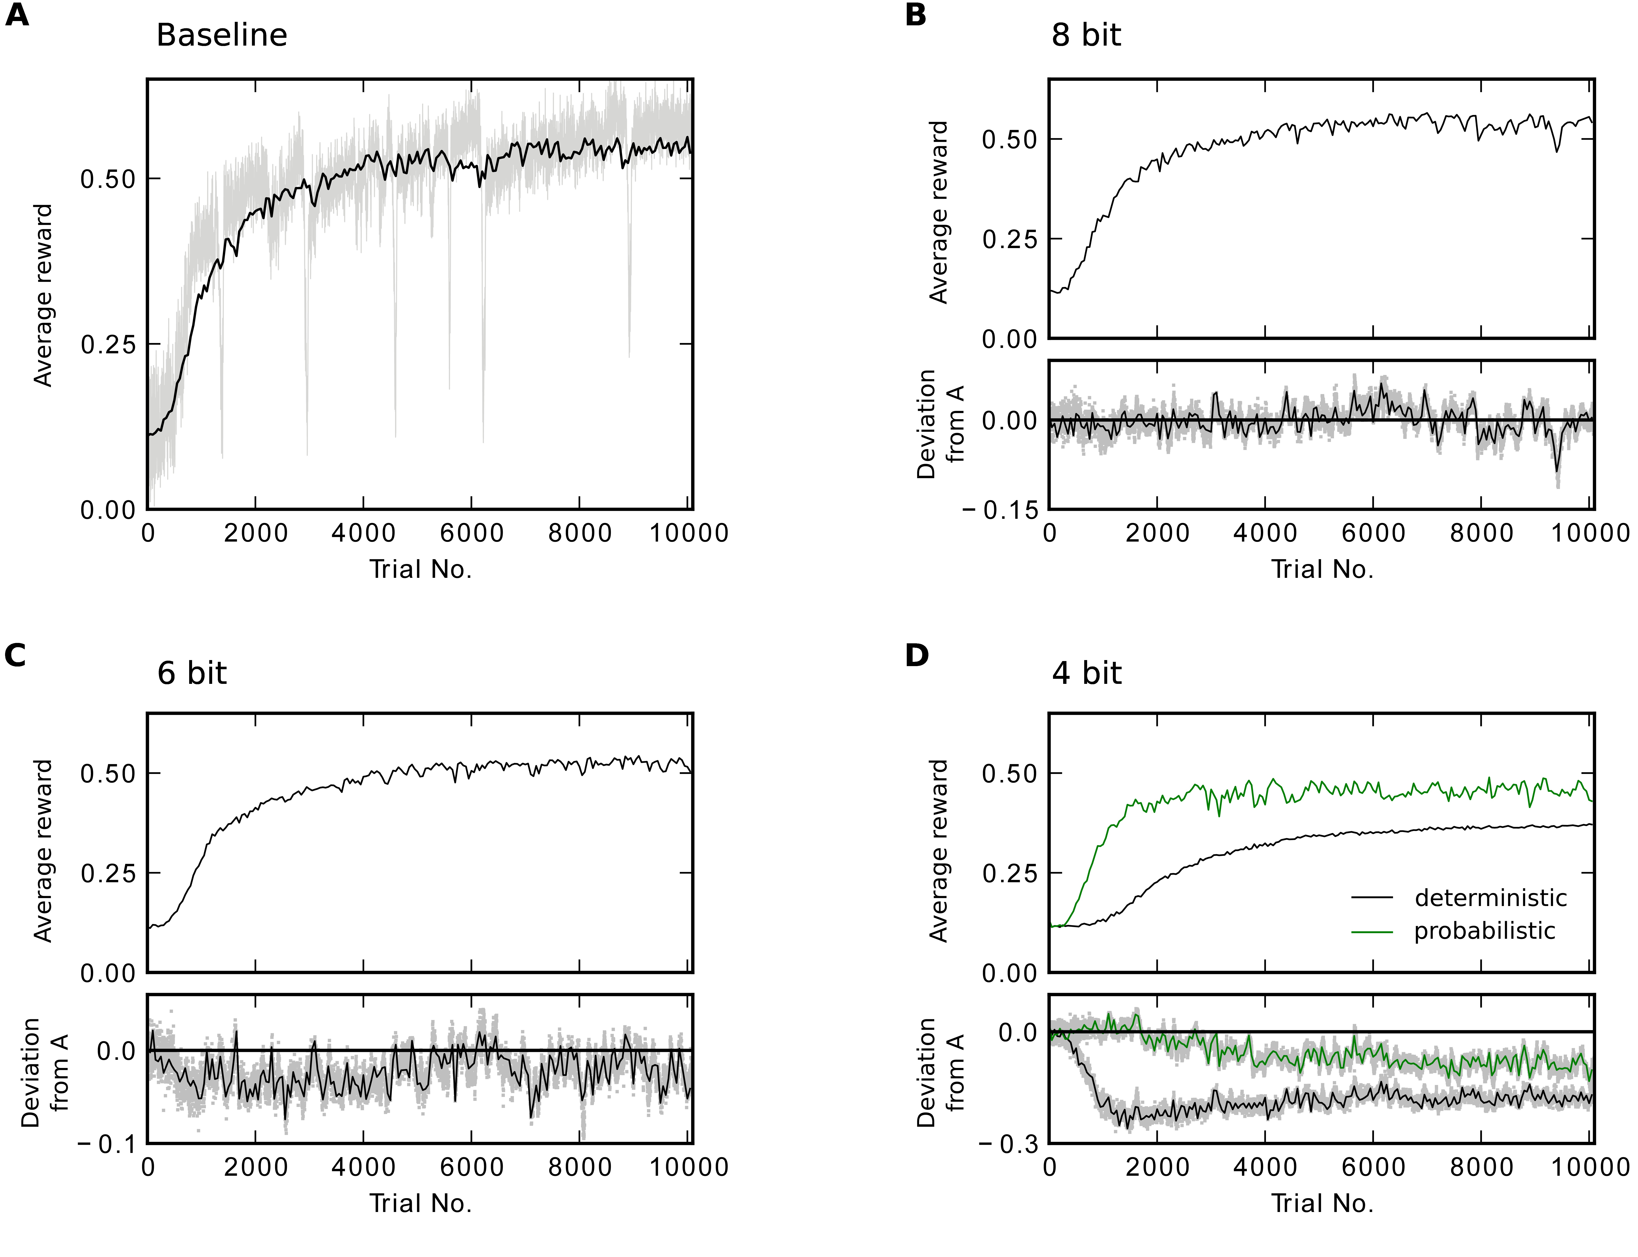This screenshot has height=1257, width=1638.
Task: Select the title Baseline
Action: (222, 35)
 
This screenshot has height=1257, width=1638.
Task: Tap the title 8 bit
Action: (1086, 35)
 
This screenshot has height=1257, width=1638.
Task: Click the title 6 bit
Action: (192, 673)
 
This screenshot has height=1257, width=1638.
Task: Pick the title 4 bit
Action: (1086, 673)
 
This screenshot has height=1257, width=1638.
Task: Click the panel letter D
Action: (917, 655)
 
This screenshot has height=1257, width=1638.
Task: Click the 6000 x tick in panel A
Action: (472, 533)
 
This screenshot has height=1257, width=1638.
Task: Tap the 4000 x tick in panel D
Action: (1265, 1167)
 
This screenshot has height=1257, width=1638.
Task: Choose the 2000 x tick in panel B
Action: (1157, 533)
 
